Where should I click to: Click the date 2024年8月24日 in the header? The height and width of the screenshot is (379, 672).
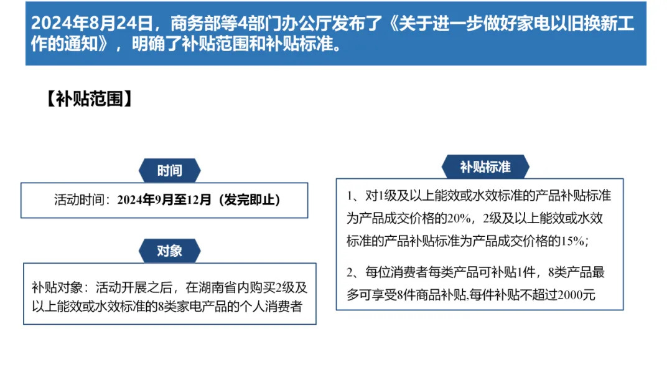91,23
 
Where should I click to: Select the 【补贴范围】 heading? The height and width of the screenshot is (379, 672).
89,98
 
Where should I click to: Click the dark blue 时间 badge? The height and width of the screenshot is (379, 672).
169,170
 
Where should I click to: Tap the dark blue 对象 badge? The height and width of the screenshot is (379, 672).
169,251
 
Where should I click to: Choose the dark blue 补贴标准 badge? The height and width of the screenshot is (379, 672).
485,166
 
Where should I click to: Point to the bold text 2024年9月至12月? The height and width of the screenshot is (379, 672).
164,199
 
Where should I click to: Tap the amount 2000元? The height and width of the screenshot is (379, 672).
576,295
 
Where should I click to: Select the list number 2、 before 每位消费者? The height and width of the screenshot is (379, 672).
354,272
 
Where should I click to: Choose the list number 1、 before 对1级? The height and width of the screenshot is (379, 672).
354,196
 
